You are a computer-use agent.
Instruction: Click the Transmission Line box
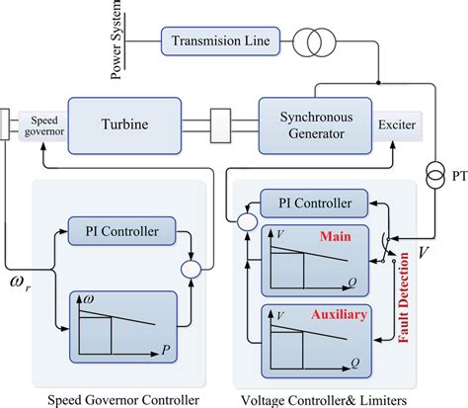click(x=219, y=41)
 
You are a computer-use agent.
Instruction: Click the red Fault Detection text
click(x=404, y=302)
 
